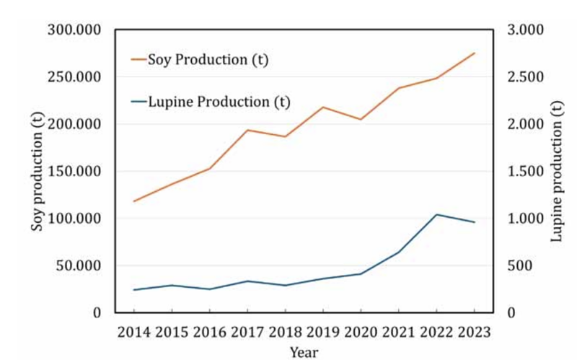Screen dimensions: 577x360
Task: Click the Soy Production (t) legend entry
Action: pyautogui.click(x=200, y=59)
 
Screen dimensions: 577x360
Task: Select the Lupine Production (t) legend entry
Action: pyautogui.click(x=211, y=102)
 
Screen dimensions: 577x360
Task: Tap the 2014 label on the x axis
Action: pyautogui.click(x=134, y=332)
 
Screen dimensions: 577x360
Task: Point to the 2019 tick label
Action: pyautogui.click(x=323, y=332)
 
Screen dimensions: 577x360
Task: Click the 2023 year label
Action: pyautogui.click(x=475, y=332)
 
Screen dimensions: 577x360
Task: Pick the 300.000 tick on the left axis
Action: pyautogui.click(x=74, y=30)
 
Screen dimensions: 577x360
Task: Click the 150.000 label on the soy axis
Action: pyautogui.click(x=74, y=171)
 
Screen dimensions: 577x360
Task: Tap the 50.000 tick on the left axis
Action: pyautogui.click(x=79, y=265)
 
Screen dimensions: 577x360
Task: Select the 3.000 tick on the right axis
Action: pyautogui.click(x=525, y=30)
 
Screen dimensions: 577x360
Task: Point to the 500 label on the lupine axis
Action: pyautogui.click(x=519, y=265)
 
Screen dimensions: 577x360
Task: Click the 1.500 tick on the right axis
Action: pyautogui.click(x=525, y=171)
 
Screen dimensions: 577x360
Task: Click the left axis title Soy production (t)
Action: pyautogui.click(x=37, y=172)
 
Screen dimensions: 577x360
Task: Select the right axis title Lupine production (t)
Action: pyautogui.click(x=556, y=172)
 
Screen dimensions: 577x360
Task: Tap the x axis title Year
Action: pyautogui.click(x=304, y=352)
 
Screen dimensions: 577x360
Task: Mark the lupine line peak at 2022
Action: pyautogui.click(x=436, y=214)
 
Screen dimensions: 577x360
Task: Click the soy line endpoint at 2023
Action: pyautogui.click(x=475, y=53)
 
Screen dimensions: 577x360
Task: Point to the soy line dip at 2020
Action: pyautogui.click(x=361, y=119)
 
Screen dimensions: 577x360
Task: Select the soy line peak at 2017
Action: pyautogui.click(x=247, y=130)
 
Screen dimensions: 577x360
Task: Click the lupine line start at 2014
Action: pyautogui.click(x=134, y=290)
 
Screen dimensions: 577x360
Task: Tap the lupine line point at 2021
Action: pyautogui.click(x=399, y=253)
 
